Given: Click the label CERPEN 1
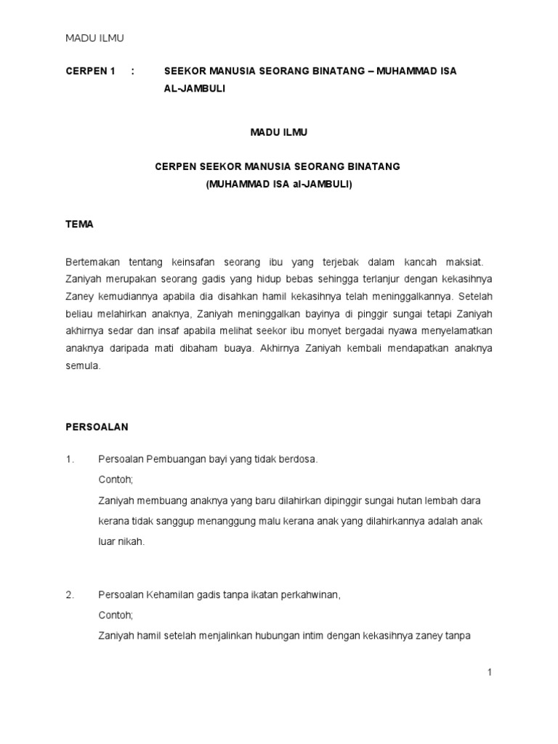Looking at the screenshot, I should click(91, 70).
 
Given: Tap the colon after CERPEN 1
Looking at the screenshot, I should click(133, 70).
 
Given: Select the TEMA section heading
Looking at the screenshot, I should click(79, 225).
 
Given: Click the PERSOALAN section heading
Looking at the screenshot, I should click(97, 426).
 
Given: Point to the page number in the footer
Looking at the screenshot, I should click(490, 673).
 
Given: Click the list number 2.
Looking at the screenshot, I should click(70, 595).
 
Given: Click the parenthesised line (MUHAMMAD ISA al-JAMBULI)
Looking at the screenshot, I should click(278, 184).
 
